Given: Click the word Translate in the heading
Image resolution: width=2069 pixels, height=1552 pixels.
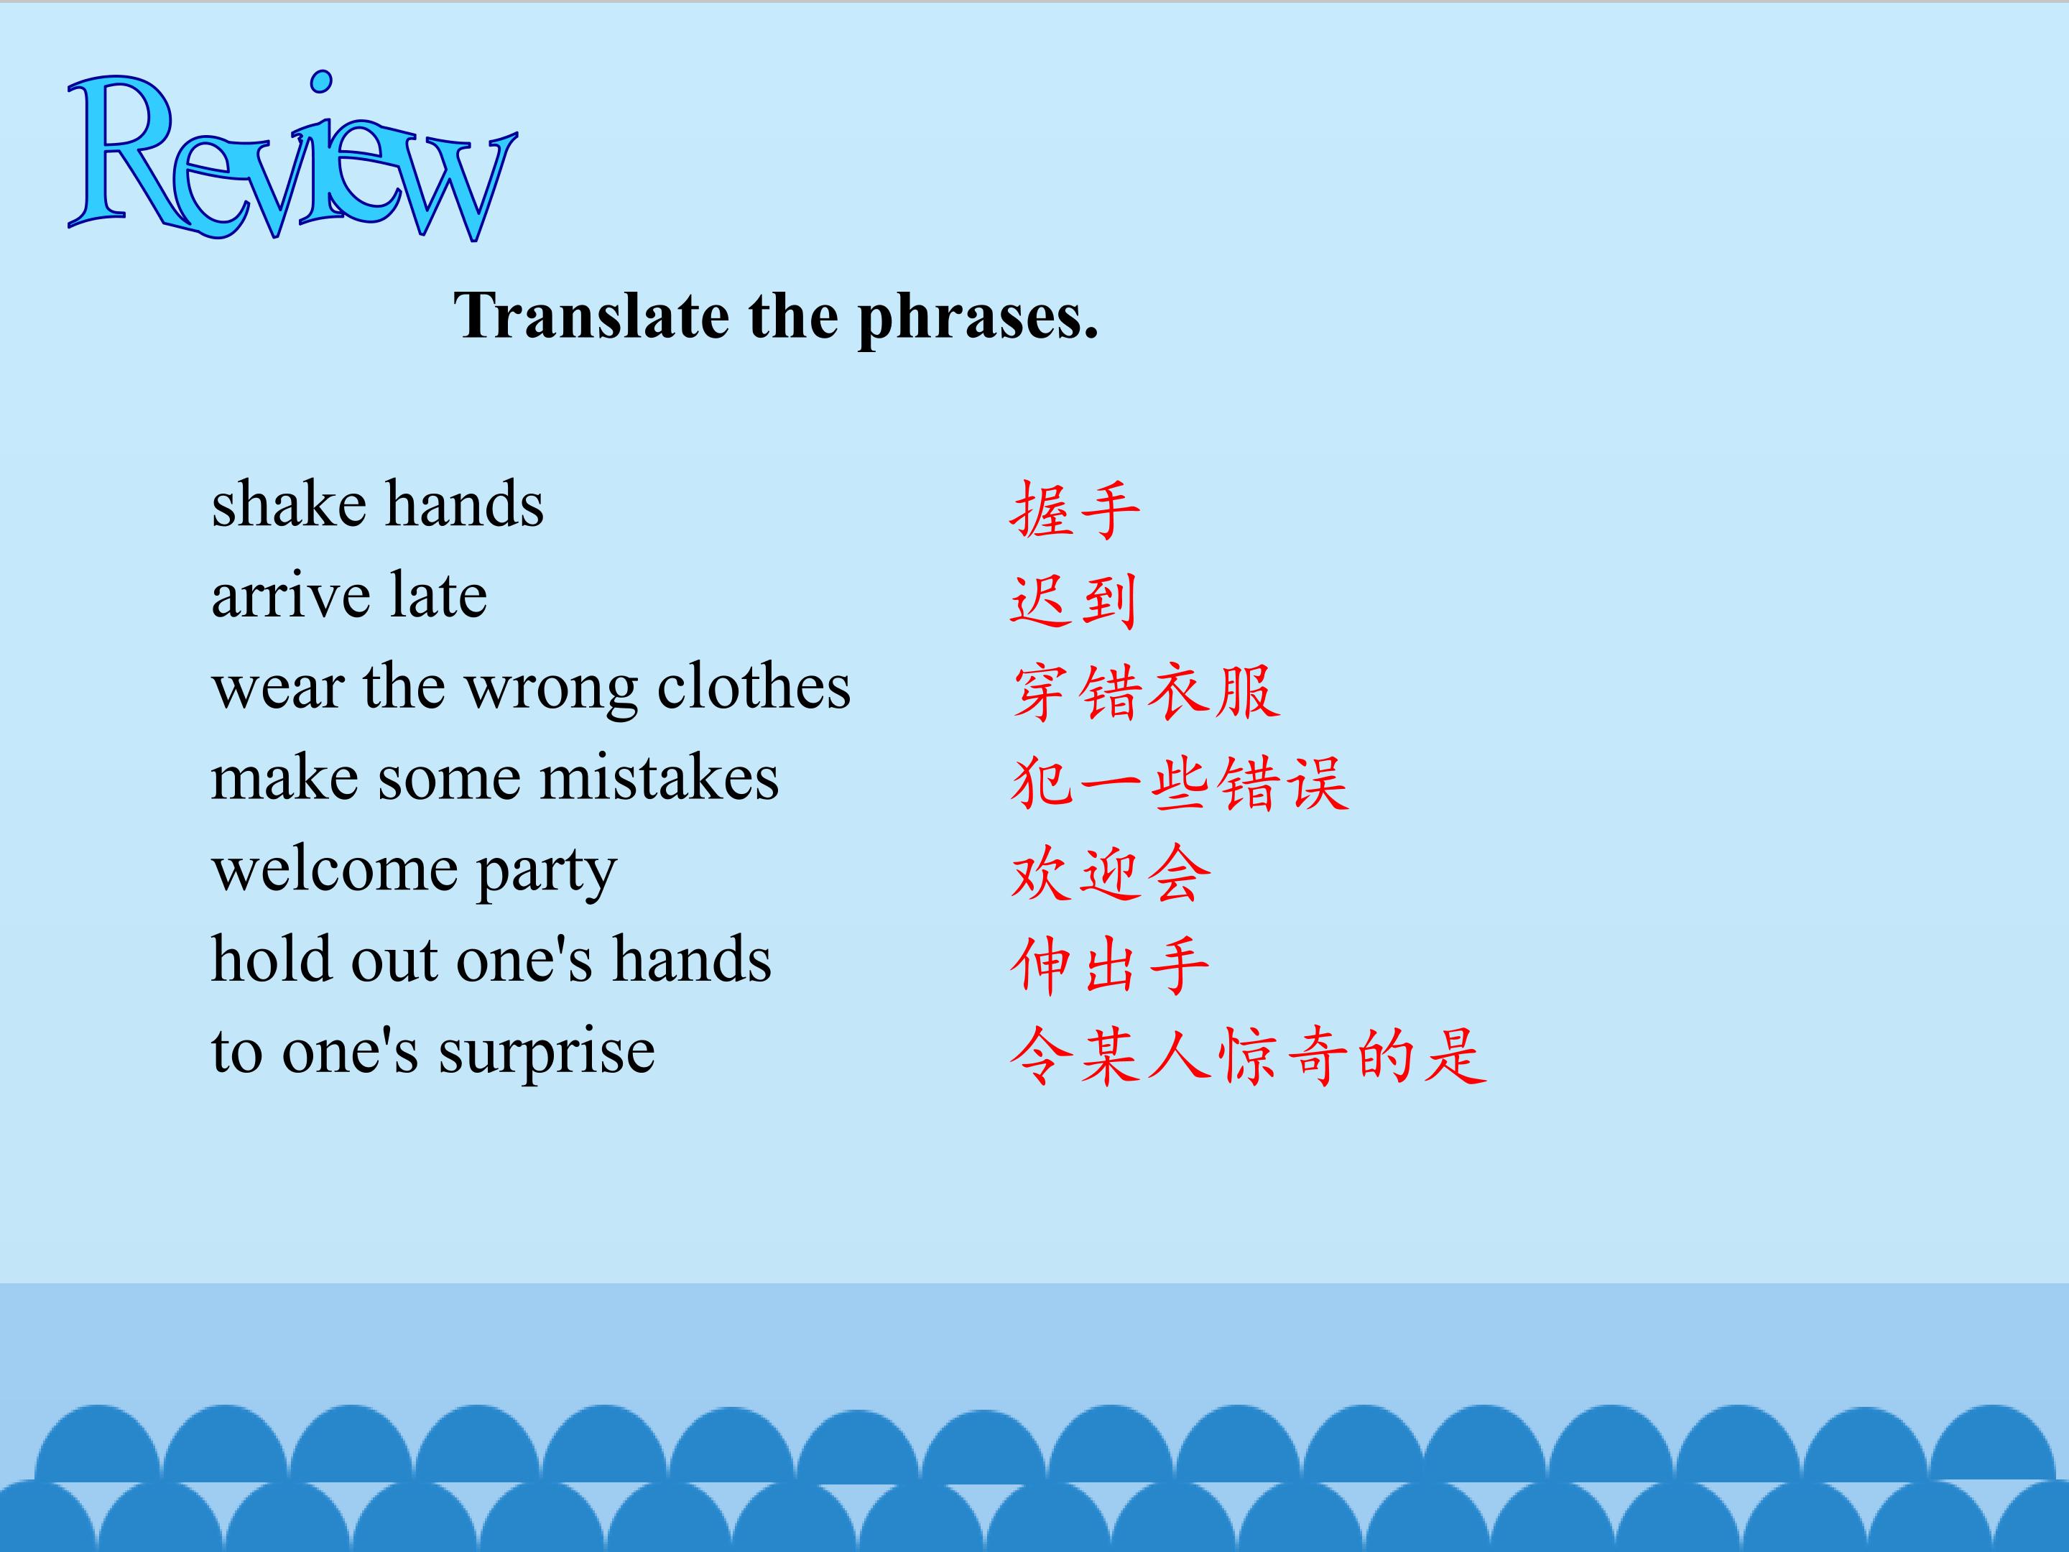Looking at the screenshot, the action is pyautogui.click(x=591, y=315).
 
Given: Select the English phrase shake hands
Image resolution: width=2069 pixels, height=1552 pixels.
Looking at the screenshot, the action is pyautogui.click(x=377, y=504).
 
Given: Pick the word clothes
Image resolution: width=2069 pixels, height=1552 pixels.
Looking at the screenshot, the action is pyautogui.click(x=754, y=685).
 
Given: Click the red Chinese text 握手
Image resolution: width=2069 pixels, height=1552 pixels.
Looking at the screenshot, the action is pyautogui.click(x=1075, y=510).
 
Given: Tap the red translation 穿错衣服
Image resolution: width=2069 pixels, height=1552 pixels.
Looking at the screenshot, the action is pyautogui.click(x=1146, y=692).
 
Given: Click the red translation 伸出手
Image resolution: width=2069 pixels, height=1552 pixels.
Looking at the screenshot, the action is pyautogui.click(x=1110, y=964).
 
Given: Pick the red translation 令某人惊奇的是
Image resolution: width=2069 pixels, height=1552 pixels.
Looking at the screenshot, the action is pyautogui.click(x=1249, y=1056).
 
